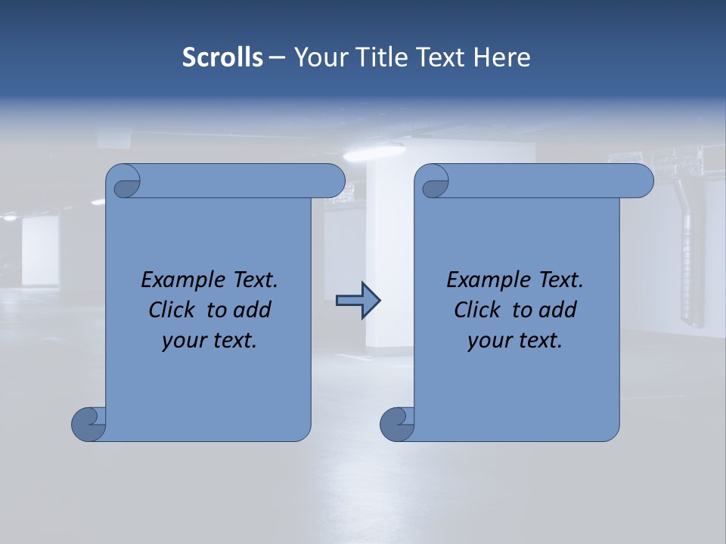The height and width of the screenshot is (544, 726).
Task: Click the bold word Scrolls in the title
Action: [x=222, y=57]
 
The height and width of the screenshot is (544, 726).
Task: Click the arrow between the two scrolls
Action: [x=358, y=301]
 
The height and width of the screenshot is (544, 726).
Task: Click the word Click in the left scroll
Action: [x=173, y=310]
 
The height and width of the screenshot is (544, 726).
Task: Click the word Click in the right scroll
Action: [x=479, y=310]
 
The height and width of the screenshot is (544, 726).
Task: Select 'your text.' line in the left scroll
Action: [x=209, y=341]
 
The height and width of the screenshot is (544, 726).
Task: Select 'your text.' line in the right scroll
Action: [x=515, y=341]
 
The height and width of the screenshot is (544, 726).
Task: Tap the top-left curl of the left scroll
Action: [x=126, y=182]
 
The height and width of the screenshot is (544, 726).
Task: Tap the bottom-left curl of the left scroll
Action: [x=88, y=423]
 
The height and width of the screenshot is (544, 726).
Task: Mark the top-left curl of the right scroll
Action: [x=434, y=182]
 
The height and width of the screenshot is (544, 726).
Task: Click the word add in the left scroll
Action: [x=252, y=310]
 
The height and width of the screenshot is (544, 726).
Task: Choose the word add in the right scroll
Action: [x=557, y=310]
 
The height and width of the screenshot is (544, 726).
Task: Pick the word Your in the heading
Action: [x=319, y=57]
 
